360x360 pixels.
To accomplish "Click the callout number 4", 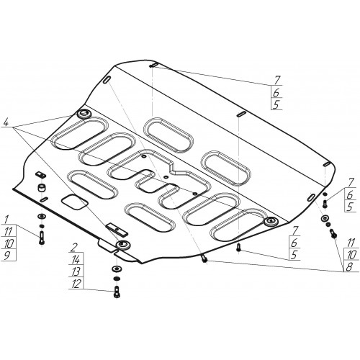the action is point(6,123).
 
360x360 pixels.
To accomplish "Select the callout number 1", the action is point(6,219).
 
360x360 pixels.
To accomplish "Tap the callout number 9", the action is point(7,256).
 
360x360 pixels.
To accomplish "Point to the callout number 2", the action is point(75,248).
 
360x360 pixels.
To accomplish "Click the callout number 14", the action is point(76,260).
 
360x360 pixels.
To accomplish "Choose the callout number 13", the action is point(76,272).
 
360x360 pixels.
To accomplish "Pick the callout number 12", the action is point(76,284).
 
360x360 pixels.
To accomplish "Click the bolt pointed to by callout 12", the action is point(116,292).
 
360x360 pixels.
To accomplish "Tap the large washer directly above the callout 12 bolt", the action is point(117,269).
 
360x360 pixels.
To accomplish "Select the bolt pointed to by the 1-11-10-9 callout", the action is point(41,238).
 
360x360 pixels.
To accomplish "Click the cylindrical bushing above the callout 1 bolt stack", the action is point(42,187).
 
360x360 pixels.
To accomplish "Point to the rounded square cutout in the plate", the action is point(74,202).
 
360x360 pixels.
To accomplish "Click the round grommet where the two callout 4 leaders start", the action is point(84,114).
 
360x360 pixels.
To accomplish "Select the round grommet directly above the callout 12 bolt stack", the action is point(123,245).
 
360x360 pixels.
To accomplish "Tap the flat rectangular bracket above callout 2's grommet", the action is point(117,230).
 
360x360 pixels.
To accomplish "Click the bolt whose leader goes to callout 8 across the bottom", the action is point(204,259).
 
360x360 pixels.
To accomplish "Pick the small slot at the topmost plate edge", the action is point(153,65).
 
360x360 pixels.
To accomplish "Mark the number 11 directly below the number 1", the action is point(9,231).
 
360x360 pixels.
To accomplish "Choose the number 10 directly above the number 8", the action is point(351,255).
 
